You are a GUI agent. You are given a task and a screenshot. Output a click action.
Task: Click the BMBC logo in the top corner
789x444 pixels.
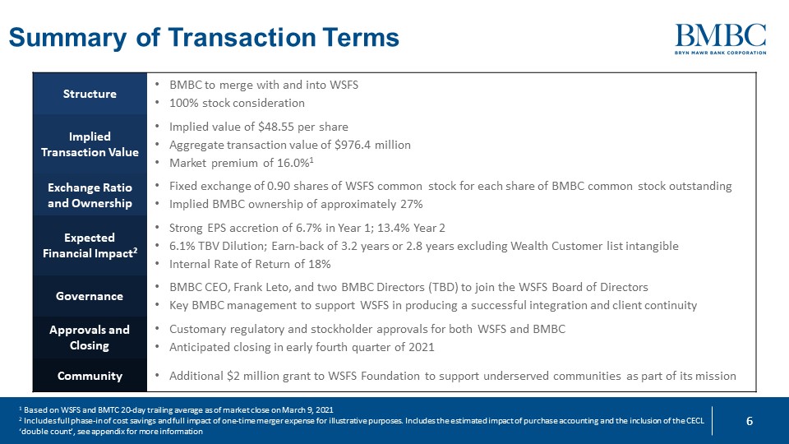coord(721,39)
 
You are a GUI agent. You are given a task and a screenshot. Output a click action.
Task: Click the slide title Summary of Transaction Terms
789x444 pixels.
coord(203,38)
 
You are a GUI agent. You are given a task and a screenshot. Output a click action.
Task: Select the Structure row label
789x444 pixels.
coord(90,94)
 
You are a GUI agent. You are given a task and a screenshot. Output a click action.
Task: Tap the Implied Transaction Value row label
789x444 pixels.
coord(90,144)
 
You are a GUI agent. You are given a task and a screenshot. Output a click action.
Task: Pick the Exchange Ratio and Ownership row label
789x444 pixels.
coord(90,195)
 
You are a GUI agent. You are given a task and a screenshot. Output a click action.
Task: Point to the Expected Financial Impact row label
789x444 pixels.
coord(90,245)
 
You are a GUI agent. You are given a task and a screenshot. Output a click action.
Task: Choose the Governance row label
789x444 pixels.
coord(90,296)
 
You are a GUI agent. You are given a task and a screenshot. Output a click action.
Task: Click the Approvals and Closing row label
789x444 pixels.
coord(90,337)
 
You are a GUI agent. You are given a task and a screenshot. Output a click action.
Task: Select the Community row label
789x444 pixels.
coord(90,376)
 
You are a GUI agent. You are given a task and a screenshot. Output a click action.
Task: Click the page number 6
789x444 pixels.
coord(749,421)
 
